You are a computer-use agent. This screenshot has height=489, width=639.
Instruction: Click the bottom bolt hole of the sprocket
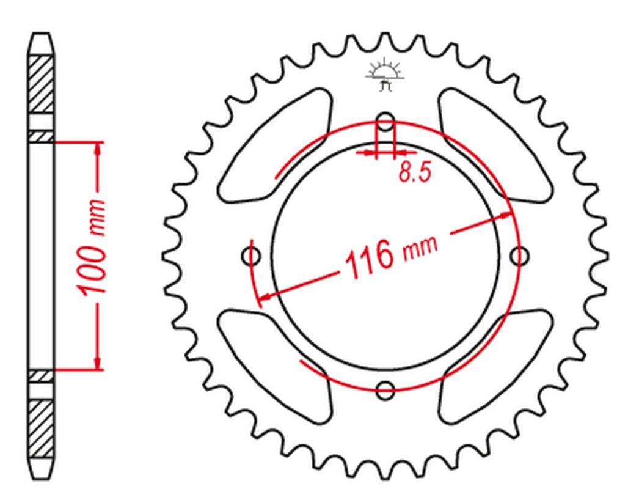tap(385, 391)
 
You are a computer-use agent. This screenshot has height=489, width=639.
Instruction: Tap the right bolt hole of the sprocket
tap(520, 256)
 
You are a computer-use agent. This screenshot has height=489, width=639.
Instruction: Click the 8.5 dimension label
tap(414, 172)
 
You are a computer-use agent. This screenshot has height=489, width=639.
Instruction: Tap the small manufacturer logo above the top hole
tap(384, 75)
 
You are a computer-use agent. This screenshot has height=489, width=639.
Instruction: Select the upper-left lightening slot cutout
tap(274, 146)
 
